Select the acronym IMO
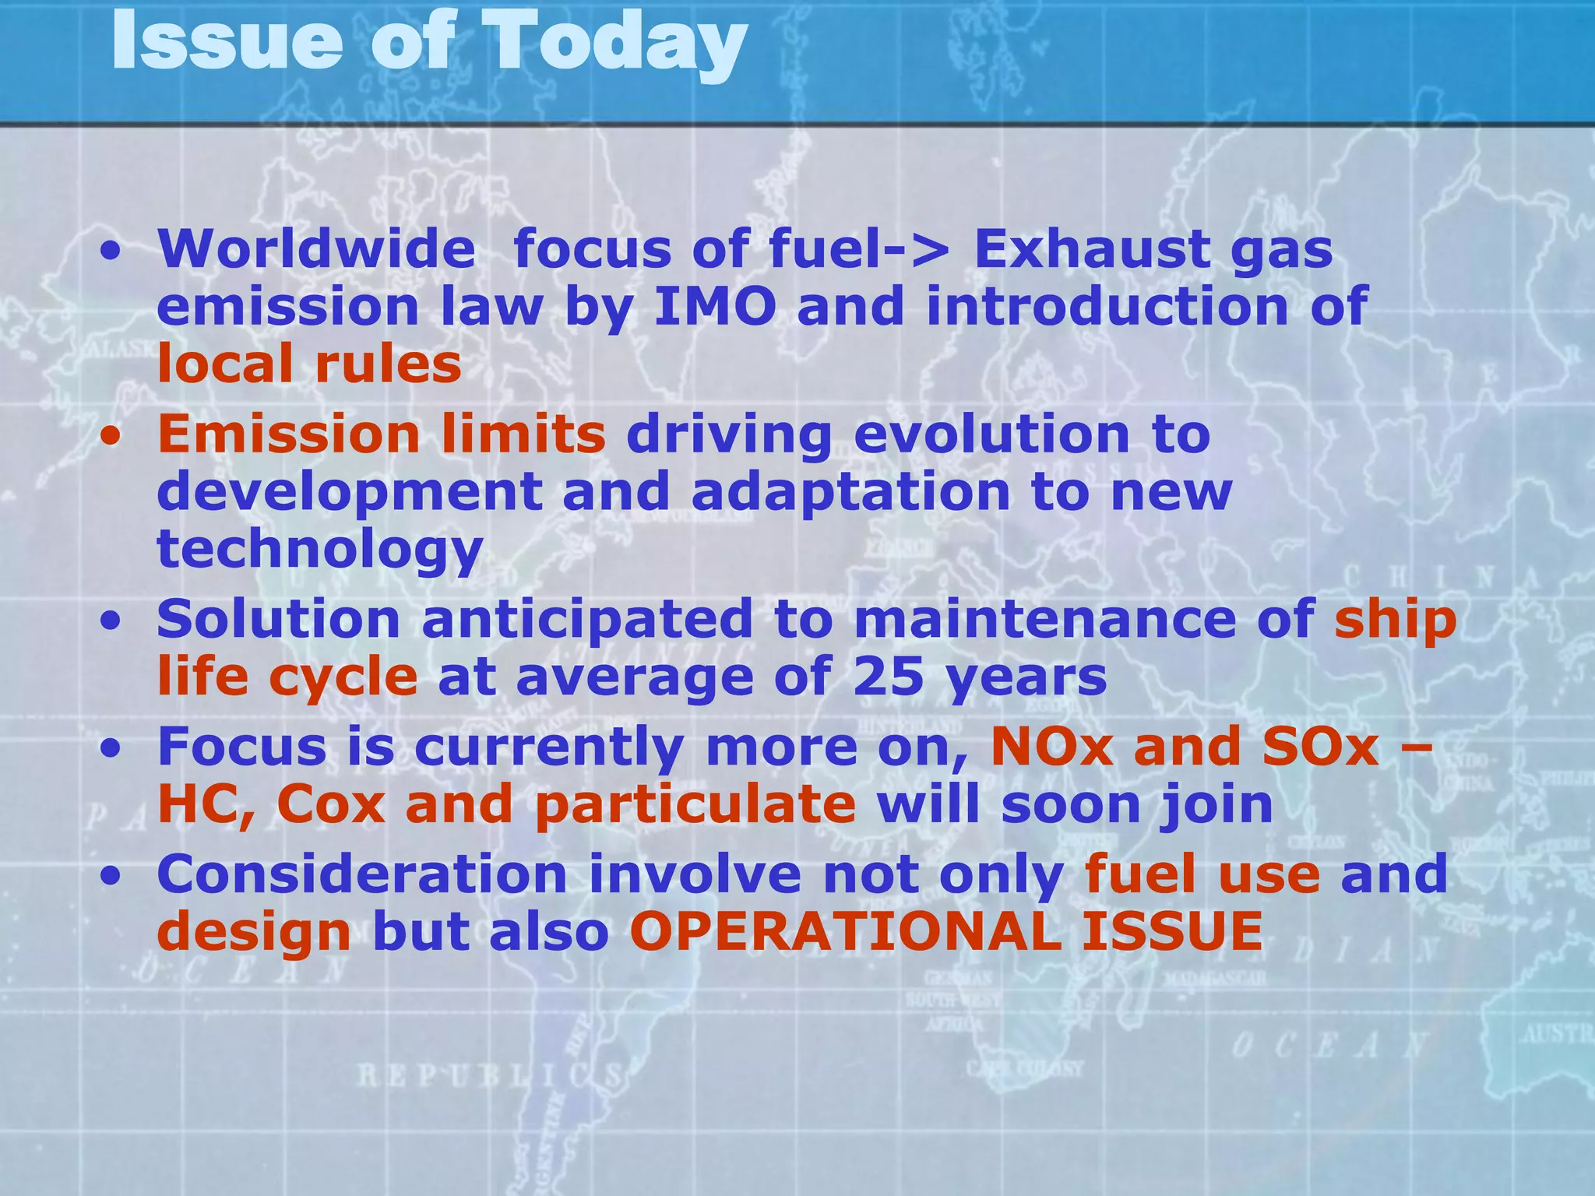[714, 306]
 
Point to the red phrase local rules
[309, 364]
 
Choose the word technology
[320, 550]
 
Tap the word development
[350, 493]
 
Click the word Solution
[279, 619]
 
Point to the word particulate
[695, 804]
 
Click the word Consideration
[362, 874]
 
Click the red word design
[254, 933]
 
